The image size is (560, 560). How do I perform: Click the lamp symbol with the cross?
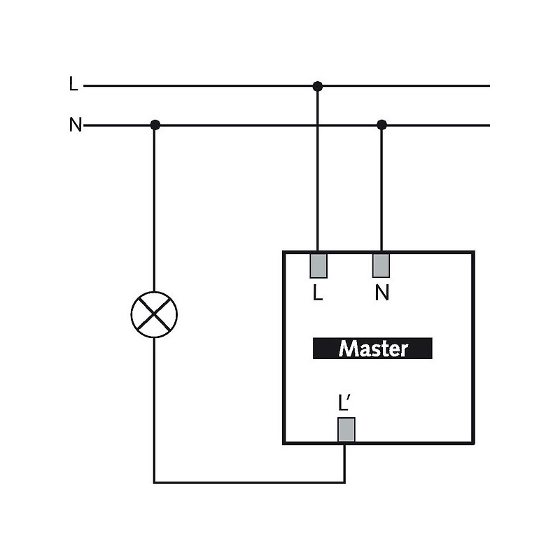click(x=154, y=314)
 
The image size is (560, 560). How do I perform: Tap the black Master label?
click(x=372, y=349)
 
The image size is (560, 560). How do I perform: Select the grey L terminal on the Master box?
click(x=318, y=265)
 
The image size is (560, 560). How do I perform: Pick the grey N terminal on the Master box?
click(x=381, y=265)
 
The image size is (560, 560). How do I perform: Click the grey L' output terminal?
click(x=346, y=430)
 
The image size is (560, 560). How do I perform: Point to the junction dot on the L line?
click(x=317, y=86)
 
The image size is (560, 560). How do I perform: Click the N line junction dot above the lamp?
click(x=155, y=125)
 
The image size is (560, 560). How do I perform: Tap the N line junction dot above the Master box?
click(x=381, y=125)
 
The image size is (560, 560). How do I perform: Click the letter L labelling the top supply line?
click(x=73, y=85)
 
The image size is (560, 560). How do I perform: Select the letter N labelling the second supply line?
click(x=75, y=126)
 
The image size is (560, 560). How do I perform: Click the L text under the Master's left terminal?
click(x=318, y=293)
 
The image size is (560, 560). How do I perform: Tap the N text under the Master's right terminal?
click(x=381, y=293)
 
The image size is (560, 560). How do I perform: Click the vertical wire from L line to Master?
click(x=317, y=168)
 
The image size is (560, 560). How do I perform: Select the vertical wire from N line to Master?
click(x=381, y=189)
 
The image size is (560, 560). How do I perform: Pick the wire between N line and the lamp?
click(x=155, y=210)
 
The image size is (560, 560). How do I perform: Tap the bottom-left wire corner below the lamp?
click(x=155, y=482)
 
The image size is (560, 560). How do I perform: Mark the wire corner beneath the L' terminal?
click(x=345, y=482)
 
